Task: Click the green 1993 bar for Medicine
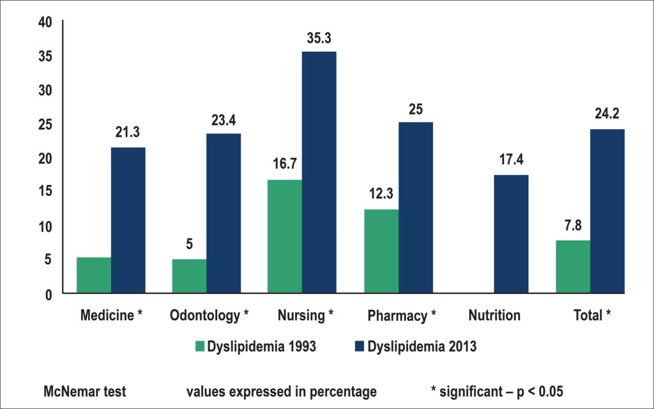coord(94,275)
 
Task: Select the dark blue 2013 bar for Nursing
coord(319,173)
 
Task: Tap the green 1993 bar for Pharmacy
coord(381,251)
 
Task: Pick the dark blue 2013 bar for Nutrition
coord(511,234)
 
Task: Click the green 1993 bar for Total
coord(573,266)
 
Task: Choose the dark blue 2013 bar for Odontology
coord(224,213)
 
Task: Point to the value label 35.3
coord(319,38)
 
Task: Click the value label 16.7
coord(285,164)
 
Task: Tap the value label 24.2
coord(607,114)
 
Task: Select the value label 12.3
coord(381,194)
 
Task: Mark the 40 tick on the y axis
coord(45,22)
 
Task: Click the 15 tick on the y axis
coord(45,191)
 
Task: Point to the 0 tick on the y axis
coord(49,295)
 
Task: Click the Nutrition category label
coord(494,315)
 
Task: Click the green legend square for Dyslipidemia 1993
coord(200,346)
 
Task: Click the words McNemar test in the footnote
coord(85,392)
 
